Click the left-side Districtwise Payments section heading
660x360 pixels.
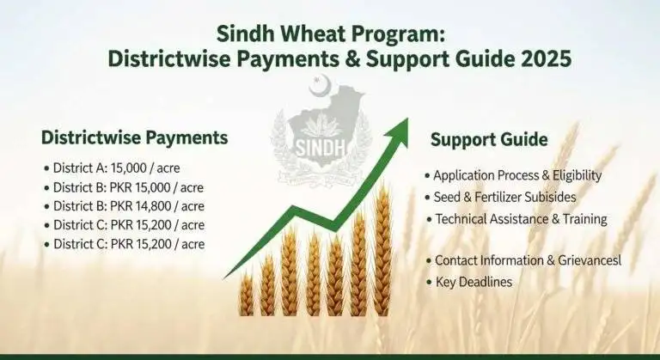(x=135, y=137)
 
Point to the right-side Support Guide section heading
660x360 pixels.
(x=489, y=140)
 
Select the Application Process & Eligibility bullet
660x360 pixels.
(x=517, y=175)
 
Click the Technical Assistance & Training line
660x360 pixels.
(x=521, y=218)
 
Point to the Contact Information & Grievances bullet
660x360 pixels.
(x=528, y=259)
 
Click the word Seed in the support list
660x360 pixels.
(x=449, y=197)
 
